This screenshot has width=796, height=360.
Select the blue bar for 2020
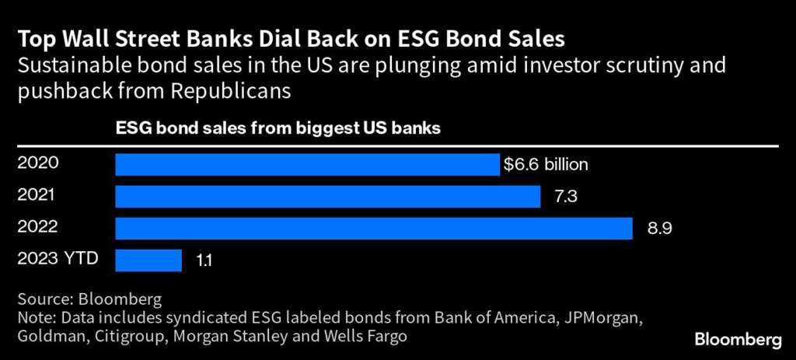coord(307,165)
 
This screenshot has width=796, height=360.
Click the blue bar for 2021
coord(327,197)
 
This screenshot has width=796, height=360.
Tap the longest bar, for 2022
coord(373,228)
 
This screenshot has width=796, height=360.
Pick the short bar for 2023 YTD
coord(148,260)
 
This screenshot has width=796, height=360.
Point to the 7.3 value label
coord(565,197)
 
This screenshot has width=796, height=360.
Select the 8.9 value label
coord(657,229)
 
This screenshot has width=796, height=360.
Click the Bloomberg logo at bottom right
coord(738,340)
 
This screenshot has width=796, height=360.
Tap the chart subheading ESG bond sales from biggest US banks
coord(278,128)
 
